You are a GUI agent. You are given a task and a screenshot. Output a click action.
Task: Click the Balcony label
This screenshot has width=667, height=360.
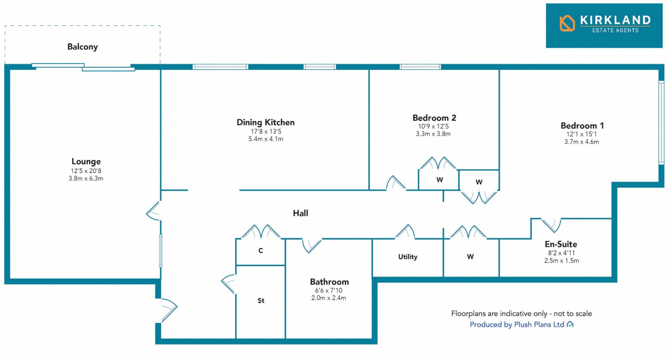click(x=82, y=47)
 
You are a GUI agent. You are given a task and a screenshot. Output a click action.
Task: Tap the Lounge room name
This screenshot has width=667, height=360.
click(x=86, y=161)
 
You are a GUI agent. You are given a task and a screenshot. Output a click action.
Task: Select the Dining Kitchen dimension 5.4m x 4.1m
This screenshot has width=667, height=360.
click(x=266, y=139)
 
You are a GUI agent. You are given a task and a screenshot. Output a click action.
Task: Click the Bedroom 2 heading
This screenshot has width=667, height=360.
click(x=434, y=118)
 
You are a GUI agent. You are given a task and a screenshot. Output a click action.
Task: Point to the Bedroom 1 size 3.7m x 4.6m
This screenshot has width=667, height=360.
click(x=581, y=142)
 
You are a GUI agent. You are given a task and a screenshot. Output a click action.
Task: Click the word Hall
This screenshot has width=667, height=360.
click(x=300, y=213)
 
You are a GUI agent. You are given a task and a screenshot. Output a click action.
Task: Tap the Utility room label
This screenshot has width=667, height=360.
click(x=407, y=257)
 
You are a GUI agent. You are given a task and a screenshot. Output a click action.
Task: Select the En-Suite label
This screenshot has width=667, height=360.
click(x=561, y=244)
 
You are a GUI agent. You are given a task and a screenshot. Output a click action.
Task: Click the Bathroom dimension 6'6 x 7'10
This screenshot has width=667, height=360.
click(x=329, y=290)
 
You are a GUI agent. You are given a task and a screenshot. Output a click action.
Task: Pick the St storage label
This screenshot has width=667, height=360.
click(x=261, y=301)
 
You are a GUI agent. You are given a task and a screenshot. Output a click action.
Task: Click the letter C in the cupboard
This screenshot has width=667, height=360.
click(x=261, y=251)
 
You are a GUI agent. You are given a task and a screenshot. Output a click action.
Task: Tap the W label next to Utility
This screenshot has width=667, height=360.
click(x=470, y=257)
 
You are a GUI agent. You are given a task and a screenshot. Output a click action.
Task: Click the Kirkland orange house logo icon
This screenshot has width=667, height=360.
click(x=567, y=23)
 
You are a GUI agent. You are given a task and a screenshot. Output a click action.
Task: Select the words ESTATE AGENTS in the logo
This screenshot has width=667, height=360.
click(x=615, y=31)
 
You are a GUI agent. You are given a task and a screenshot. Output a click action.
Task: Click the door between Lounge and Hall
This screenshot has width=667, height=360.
click(x=153, y=211)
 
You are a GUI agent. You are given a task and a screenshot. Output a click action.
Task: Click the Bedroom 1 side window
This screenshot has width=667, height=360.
click(x=661, y=122)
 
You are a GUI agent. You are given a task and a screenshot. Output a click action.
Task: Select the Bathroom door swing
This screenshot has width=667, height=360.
click(x=311, y=245)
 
